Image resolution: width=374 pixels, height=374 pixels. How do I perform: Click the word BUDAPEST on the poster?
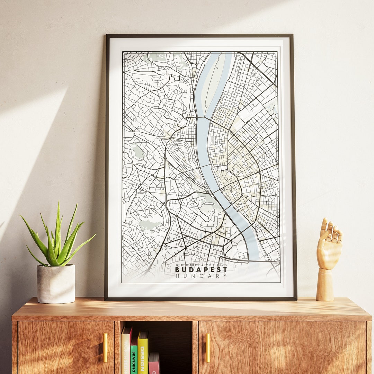(x=201, y=270)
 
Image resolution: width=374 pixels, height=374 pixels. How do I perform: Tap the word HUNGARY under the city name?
(x=201, y=276)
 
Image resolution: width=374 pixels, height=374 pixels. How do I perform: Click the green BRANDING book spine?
(x=134, y=357)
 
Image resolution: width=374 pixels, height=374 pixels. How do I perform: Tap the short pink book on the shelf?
(x=154, y=364)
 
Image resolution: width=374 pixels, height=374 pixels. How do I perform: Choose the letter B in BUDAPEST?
(x=177, y=270)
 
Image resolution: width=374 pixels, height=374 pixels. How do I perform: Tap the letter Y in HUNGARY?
(x=225, y=276)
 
